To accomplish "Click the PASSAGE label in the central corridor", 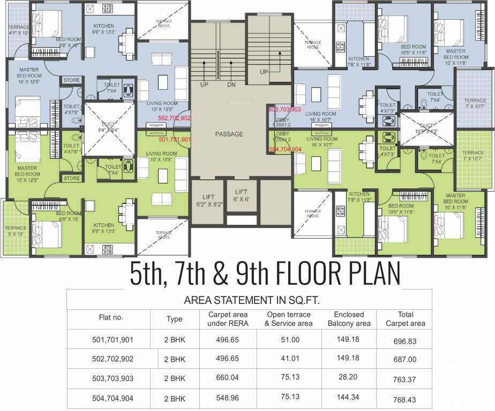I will pos(229,134).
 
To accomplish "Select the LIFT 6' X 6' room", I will pos(241,195).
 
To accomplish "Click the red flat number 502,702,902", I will pos(174,118).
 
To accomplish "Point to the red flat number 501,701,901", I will pos(175,139).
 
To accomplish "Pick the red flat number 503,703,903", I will pos(285,109).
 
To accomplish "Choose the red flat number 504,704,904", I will pos(285,150).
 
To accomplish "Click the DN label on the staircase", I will pos(231,85).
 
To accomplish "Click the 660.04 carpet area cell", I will pos(223,378).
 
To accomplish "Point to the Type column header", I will pos(174,319).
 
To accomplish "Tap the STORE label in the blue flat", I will pos(72,80).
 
